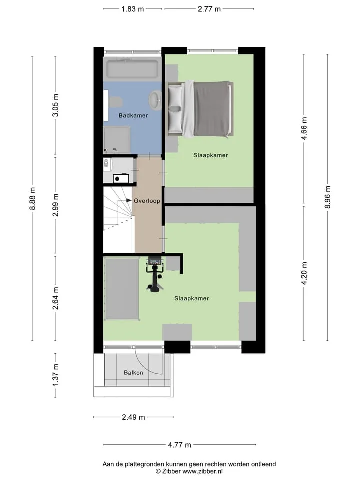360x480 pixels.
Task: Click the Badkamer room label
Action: point(133,115)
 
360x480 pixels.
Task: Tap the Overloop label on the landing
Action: point(147,201)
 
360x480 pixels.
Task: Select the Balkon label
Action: point(134,373)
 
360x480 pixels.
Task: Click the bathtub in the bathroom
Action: point(132,69)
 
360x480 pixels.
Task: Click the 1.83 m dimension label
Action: point(133,9)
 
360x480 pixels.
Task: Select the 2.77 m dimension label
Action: point(209,9)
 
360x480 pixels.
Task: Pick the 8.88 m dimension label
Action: point(33,199)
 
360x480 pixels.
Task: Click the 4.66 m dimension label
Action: point(304,129)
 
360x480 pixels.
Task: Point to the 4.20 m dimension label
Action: point(304,273)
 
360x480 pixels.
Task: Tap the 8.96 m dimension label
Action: point(328,197)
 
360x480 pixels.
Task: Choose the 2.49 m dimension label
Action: point(134,417)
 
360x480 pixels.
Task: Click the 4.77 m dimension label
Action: point(179,445)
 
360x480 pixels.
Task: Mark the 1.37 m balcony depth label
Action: point(55,375)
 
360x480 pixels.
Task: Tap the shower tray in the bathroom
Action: point(116,140)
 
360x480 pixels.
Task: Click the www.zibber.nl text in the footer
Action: point(202,471)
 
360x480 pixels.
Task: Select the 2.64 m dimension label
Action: point(55,298)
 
